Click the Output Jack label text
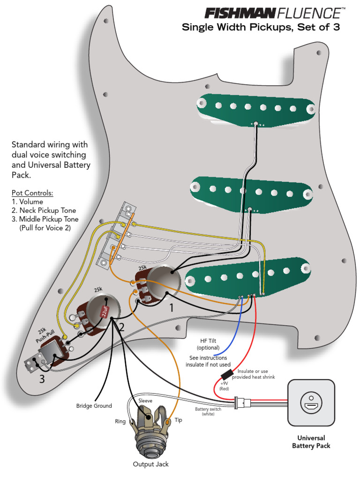[150, 464]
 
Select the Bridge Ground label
[94, 406]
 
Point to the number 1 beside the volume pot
[172, 308]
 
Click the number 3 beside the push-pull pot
[42, 379]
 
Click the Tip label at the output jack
[178, 420]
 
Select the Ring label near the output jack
[120, 422]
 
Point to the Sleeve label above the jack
[145, 401]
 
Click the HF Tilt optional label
[208, 345]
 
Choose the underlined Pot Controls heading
[32, 193]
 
